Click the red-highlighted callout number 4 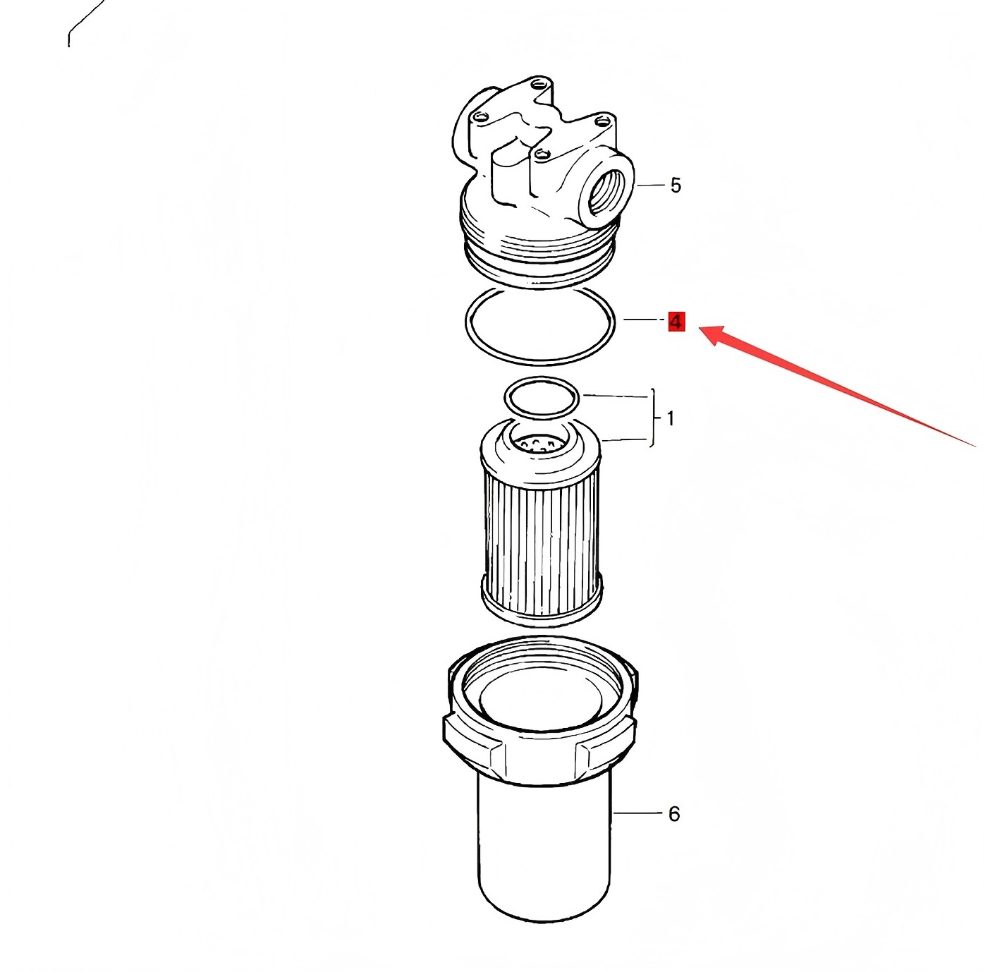pyautogui.click(x=676, y=322)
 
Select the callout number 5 pyautogui.click(x=676, y=186)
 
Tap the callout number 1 pyautogui.click(x=671, y=418)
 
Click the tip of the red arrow pyautogui.click(x=700, y=328)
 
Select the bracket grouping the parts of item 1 pyautogui.click(x=654, y=418)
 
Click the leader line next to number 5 pyautogui.click(x=648, y=186)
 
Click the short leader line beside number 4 pyautogui.click(x=642, y=320)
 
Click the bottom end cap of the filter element pyautogui.click(x=542, y=602)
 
